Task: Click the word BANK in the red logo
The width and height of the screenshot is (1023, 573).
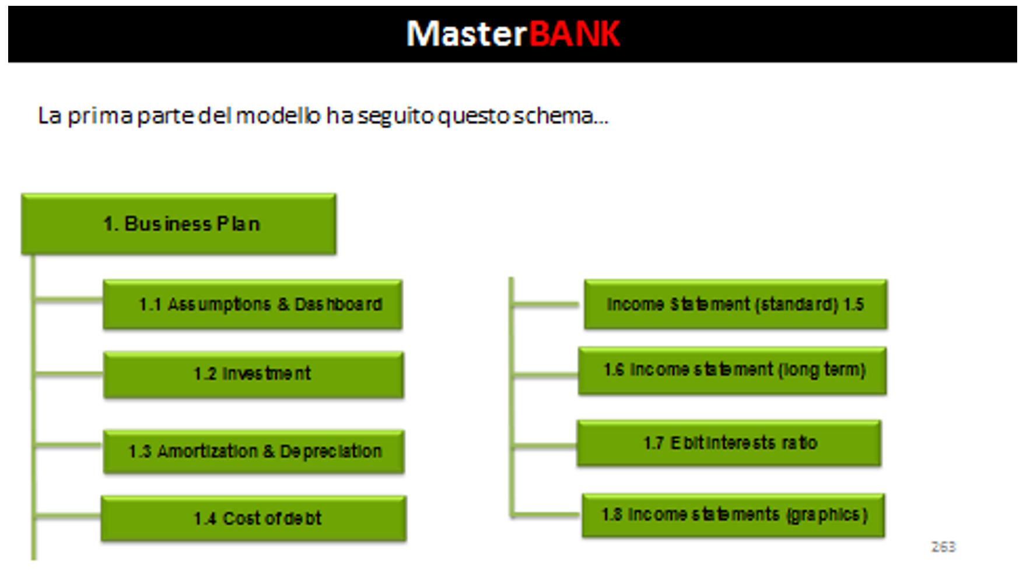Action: coord(574,33)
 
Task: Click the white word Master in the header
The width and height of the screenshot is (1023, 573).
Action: coord(467,33)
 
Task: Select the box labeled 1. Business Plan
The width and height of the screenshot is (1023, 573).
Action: coord(178,224)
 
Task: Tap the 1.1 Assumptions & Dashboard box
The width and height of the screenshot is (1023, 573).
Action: coord(253,304)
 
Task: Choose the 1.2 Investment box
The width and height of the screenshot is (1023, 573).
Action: coord(253,374)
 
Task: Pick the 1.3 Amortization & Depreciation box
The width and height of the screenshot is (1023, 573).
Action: coord(254,451)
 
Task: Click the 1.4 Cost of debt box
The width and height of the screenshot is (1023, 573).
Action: coord(254,518)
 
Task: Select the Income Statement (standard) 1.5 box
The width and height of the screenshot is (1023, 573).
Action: coord(735,304)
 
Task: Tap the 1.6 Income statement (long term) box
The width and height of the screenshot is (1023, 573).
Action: coord(732,371)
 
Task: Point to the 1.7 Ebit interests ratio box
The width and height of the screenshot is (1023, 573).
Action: coord(729,443)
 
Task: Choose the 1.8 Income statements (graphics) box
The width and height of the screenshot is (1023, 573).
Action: coord(733,515)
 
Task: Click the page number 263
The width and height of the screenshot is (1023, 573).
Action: coord(943,547)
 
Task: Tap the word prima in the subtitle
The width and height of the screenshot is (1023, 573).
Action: coord(100,117)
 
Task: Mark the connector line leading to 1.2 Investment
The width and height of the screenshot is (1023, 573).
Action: coord(69,374)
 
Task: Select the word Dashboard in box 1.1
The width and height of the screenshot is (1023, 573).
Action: coord(338,304)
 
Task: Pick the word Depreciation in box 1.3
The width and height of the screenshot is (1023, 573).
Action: coord(331,452)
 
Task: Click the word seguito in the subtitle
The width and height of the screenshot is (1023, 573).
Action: coord(396,117)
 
